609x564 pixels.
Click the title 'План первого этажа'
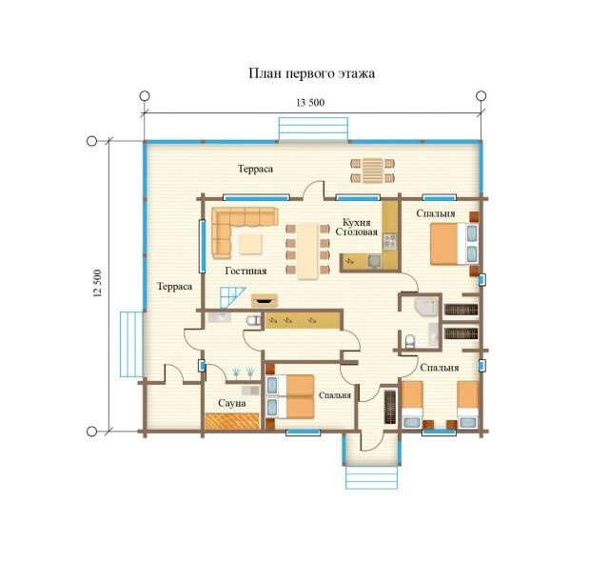click(311, 74)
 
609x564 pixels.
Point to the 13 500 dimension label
click(310, 103)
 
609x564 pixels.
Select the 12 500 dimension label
click(97, 284)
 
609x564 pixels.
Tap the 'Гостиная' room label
click(246, 272)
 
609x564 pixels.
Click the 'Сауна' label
click(232, 403)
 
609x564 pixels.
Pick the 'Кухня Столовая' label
click(356, 227)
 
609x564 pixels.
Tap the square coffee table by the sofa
click(250, 244)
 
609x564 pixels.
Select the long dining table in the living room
click(308, 251)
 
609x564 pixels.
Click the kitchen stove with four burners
click(389, 242)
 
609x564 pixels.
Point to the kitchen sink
click(374, 261)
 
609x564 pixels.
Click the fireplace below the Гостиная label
click(265, 300)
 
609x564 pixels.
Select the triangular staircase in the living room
click(231, 297)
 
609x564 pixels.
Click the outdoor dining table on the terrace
click(372, 171)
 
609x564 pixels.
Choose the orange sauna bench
click(232, 421)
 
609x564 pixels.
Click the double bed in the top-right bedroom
click(454, 244)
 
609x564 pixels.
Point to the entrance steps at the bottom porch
click(372, 477)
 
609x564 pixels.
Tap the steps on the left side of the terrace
click(131, 344)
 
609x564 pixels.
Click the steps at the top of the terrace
click(313, 129)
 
